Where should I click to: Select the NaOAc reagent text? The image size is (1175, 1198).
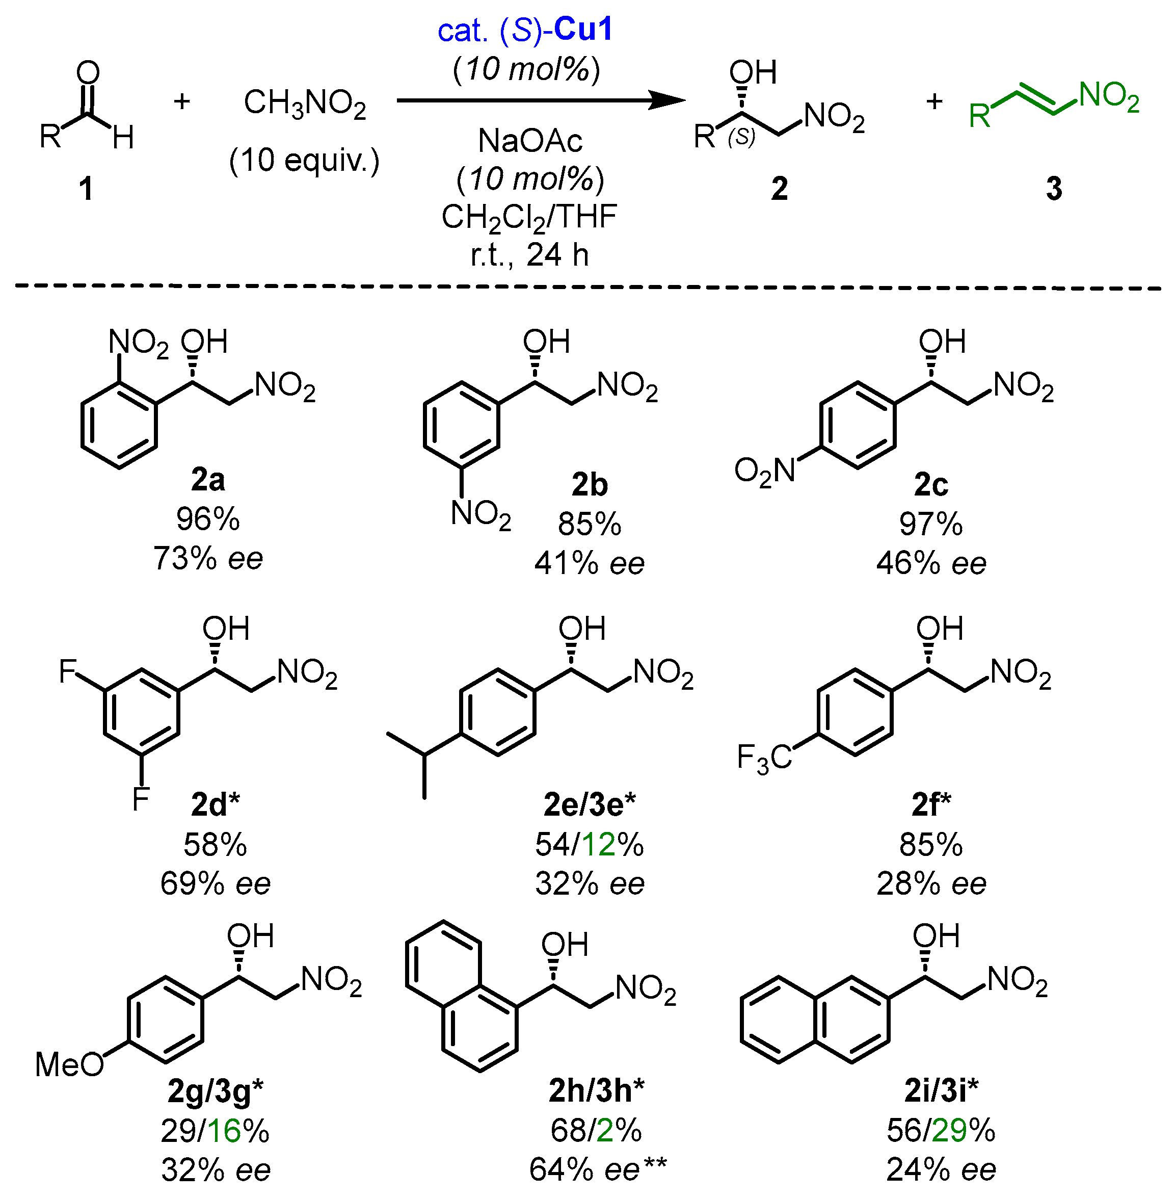pos(529,141)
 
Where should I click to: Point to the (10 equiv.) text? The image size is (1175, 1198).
pos(304,161)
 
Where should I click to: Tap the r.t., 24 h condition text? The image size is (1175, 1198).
pos(529,254)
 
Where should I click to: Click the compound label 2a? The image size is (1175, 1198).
pos(207,480)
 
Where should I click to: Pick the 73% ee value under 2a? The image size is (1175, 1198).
pos(208,558)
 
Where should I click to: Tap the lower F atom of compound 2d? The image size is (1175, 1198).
pos(141,798)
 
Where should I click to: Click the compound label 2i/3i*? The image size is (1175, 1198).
pos(941,1091)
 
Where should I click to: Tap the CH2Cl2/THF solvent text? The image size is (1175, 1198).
pos(529,217)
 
